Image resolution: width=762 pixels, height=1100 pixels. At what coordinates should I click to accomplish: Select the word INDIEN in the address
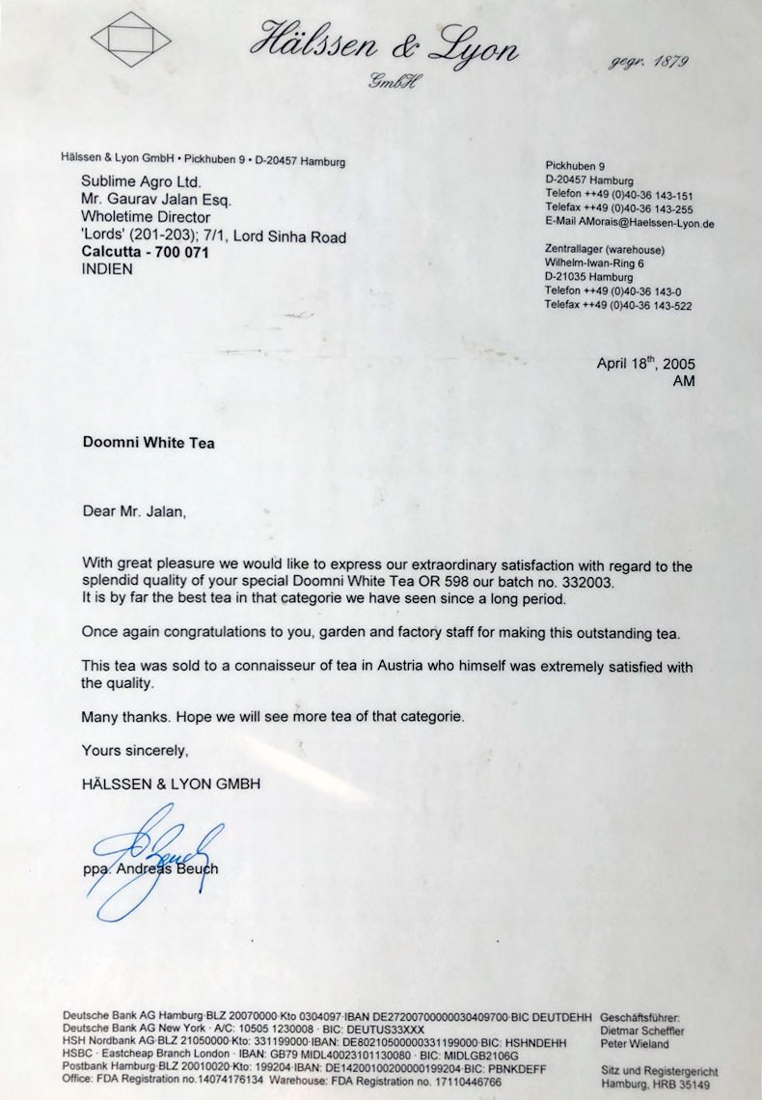[108, 269]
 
